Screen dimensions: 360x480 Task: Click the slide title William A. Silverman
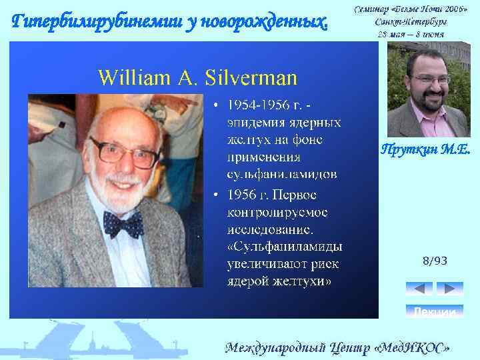point(198,77)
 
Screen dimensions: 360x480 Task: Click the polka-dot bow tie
point(123,223)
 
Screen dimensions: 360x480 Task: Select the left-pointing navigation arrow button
point(419,289)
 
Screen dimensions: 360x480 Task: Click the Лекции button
point(434,311)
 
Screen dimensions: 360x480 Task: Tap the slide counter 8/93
point(435,261)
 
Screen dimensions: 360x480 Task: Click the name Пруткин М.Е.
point(426,150)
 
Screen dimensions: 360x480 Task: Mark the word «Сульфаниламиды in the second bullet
point(285,247)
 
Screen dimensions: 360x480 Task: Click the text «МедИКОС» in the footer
point(413,347)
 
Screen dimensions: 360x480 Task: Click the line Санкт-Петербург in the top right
point(409,21)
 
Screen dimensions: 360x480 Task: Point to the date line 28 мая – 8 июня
point(409,33)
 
